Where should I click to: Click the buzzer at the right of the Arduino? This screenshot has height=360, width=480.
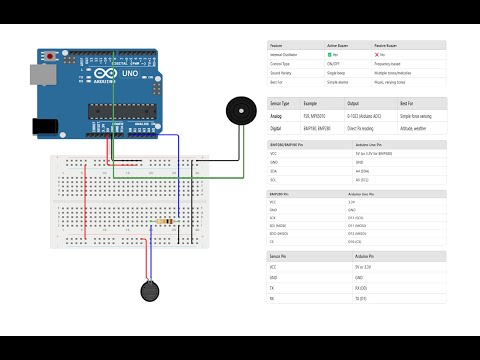pos(238,109)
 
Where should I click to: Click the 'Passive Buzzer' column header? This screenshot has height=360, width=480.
pos(404,45)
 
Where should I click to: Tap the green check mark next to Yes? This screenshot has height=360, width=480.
pos(329,55)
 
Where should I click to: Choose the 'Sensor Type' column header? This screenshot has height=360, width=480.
pos(280,103)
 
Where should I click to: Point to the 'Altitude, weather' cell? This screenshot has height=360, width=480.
pos(416,128)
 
